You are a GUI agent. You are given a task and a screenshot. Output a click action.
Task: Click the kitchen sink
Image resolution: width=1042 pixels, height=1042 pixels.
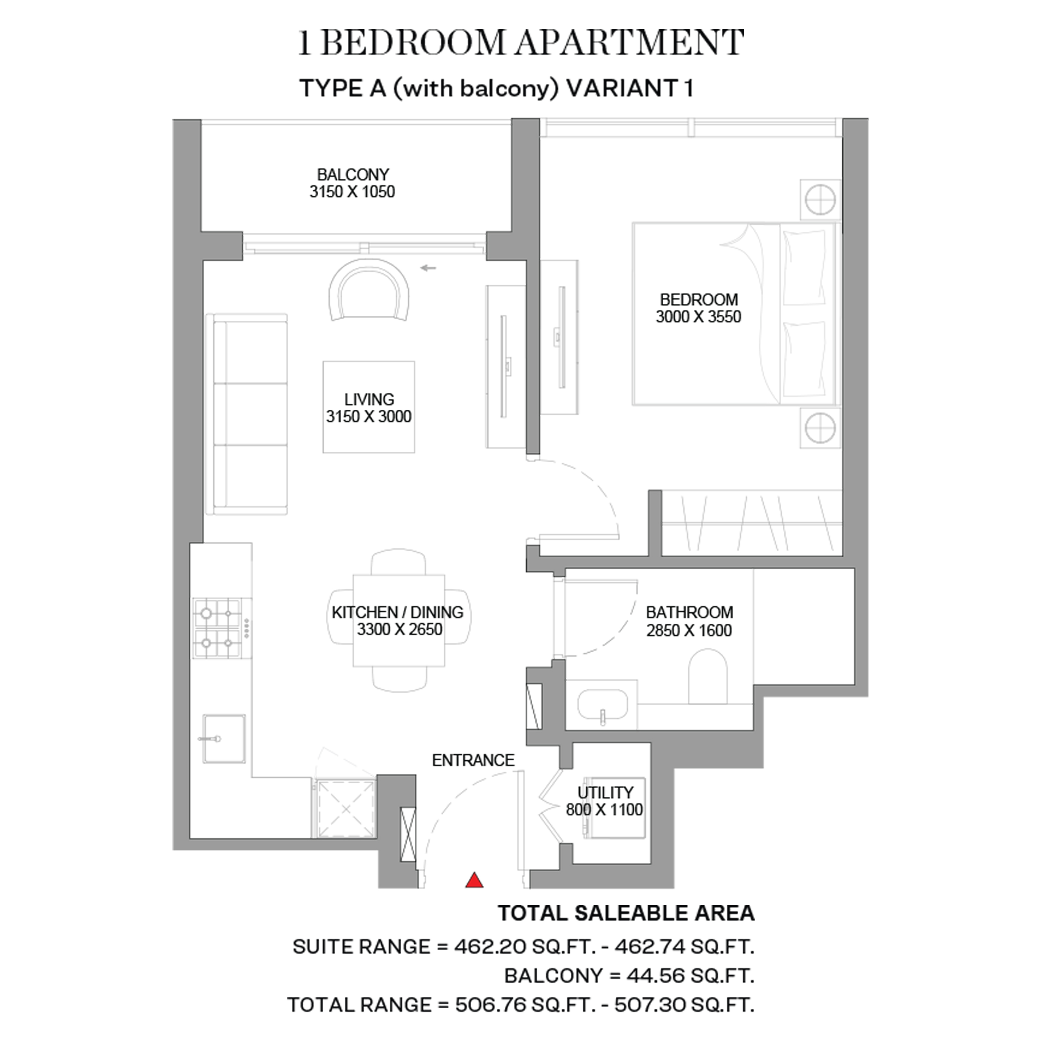(224, 739)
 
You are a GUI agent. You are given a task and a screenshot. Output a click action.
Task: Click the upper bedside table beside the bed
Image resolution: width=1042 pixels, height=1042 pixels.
(820, 199)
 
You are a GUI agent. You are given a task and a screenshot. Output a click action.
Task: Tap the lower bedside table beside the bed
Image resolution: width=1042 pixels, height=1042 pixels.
(820, 428)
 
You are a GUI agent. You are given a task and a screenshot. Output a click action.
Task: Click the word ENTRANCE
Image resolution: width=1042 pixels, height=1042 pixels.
(473, 760)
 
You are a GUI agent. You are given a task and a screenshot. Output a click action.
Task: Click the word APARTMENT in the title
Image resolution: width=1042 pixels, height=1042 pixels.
(629, 43)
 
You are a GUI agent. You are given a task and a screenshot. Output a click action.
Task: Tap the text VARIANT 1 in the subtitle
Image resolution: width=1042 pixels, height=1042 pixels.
(630, 88)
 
